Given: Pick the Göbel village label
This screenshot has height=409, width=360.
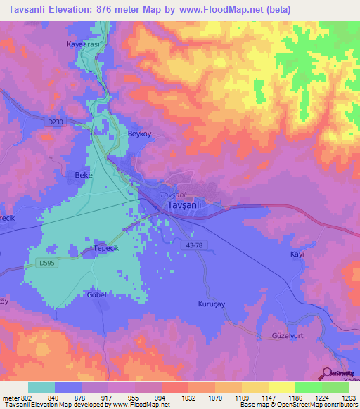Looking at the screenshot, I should [96, 294].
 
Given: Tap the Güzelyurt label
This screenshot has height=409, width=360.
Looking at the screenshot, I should [287, 337].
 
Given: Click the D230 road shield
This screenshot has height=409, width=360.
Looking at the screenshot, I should [56, 122].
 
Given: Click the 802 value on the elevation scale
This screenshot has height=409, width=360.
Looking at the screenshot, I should [27, 398].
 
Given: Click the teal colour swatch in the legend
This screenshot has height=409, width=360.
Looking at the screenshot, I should [41, 387].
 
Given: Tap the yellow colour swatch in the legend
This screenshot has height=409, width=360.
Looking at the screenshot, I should [282, 387].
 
